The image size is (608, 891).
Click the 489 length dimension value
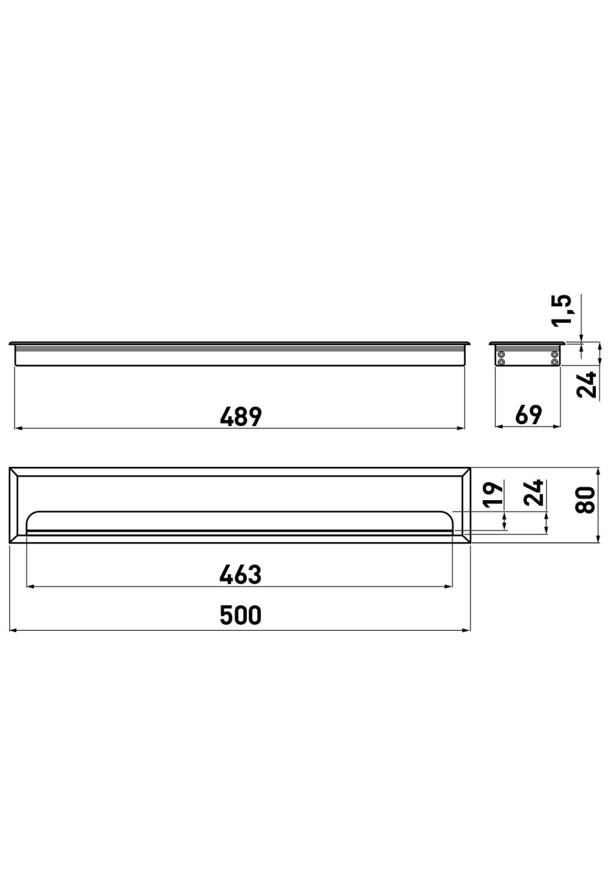pyautogui.click(x=241, y=416)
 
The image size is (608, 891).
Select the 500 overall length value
pyautogui.click(x=241, y=615)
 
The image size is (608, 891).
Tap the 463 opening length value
pyautogui.click(x=241, y=575)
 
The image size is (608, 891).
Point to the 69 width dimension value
pyautogui.click(x=528, y=415)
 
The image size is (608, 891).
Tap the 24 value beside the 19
pyautogui.click(x=534, y=493)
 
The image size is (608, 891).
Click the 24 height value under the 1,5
pyautogui.click(x=588, y=385)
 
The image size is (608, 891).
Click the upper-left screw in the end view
pyautogui.click(x=502, y=354)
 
